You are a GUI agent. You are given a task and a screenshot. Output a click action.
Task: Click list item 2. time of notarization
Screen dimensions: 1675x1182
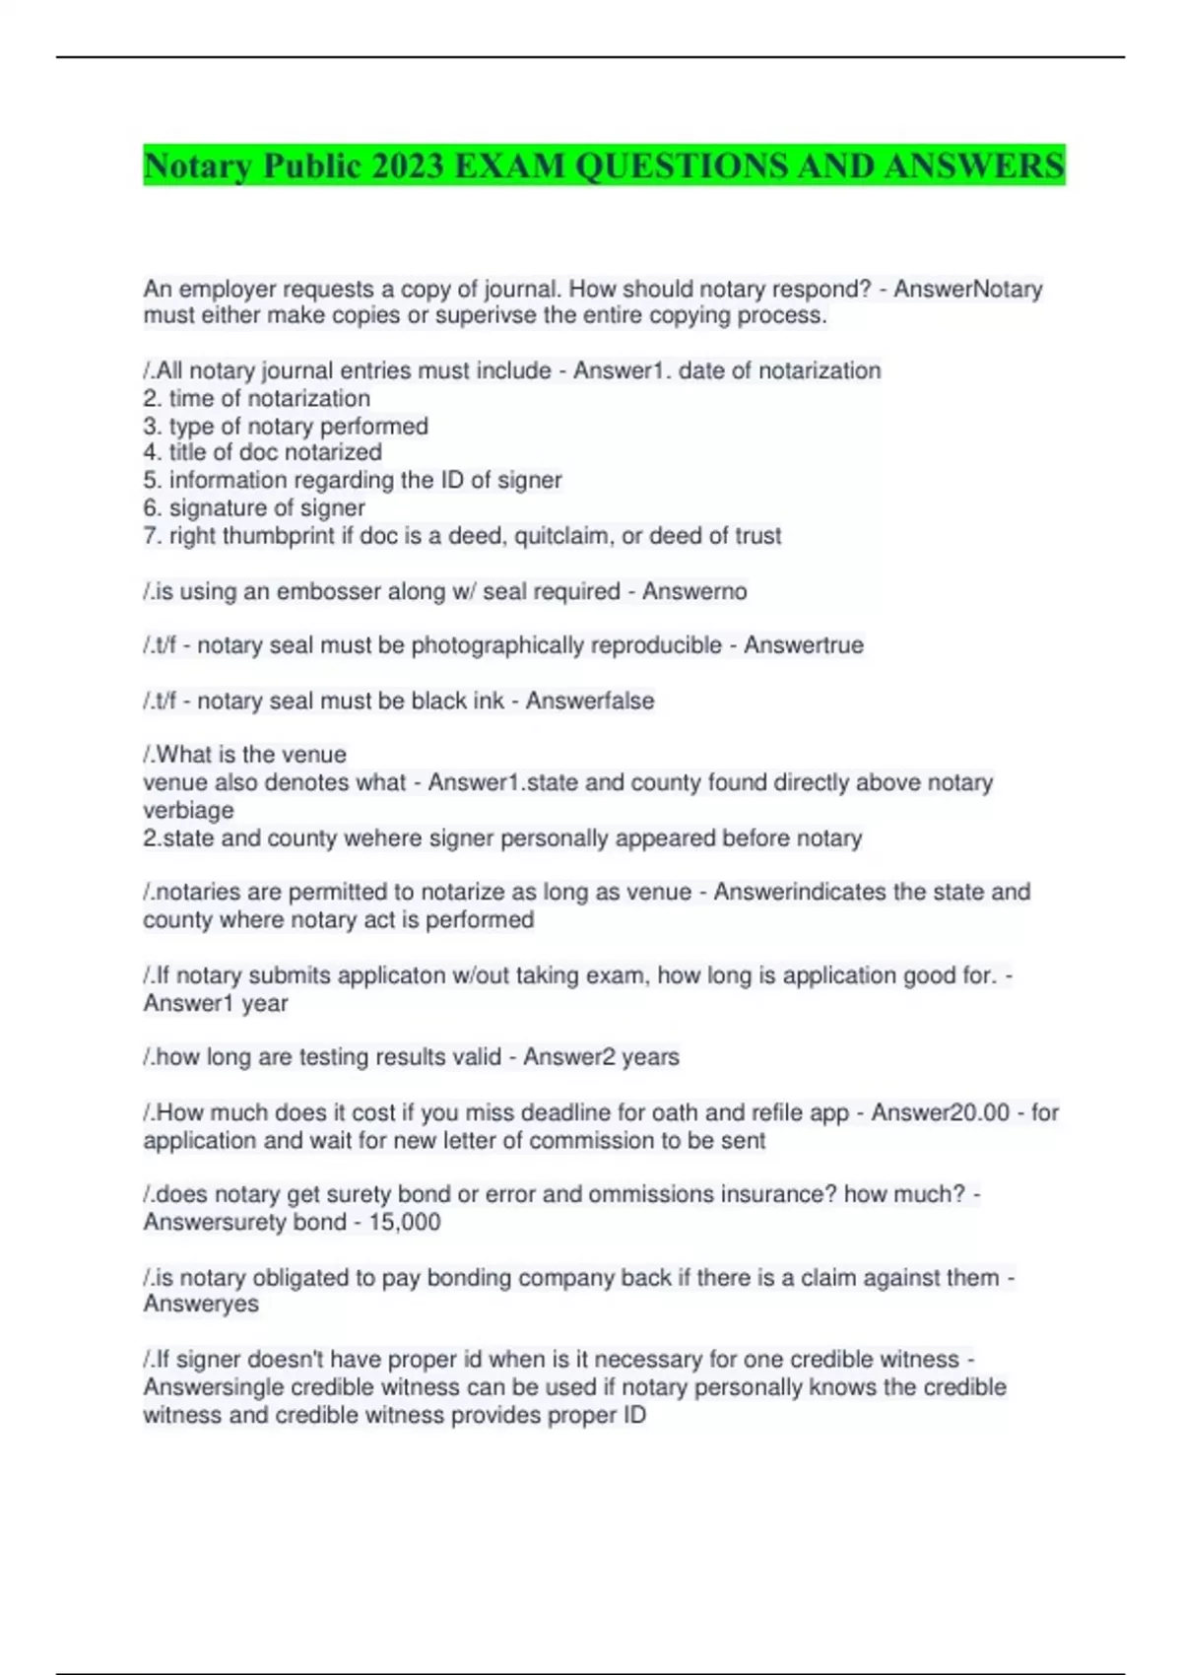point(257,398)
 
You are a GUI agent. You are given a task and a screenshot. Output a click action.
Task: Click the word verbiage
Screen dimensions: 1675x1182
point(188,810)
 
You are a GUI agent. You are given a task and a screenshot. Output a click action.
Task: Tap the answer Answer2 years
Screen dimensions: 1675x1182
point(601,1057)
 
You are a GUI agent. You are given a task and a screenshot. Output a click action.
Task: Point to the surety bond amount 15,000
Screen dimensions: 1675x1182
point(405,1222)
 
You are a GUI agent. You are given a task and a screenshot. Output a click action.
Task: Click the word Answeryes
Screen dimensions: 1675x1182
point(201,1305)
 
